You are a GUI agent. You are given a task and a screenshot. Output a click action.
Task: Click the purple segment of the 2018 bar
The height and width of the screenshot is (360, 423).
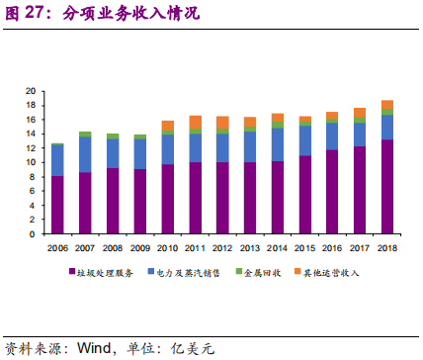tap(387, 187)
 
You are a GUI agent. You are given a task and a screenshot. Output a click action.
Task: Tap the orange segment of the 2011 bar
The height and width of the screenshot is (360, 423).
tap(195, 122)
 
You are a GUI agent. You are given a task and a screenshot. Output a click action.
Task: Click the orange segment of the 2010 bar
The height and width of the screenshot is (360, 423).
tap(167, 126)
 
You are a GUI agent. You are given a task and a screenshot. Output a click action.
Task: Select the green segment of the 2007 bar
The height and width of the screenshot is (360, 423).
tap(85, 134)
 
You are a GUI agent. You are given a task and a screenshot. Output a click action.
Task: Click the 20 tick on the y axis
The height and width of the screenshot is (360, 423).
tap(30, 91)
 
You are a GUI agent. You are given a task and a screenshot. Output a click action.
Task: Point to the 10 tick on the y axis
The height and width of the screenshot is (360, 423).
tap(30, 163)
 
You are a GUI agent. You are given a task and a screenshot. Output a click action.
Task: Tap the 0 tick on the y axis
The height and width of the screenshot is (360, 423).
tap(33, 235)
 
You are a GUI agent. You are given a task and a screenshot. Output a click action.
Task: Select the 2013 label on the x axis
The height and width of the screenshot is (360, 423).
tap(250, 249)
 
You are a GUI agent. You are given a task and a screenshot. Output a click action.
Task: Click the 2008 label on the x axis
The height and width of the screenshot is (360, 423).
tap(113, 249)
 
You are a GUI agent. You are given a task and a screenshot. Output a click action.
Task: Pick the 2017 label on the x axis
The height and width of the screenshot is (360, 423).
tap(360, 249)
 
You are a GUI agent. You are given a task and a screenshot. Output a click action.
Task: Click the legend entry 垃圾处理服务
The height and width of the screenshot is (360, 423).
tap(109, 270)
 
